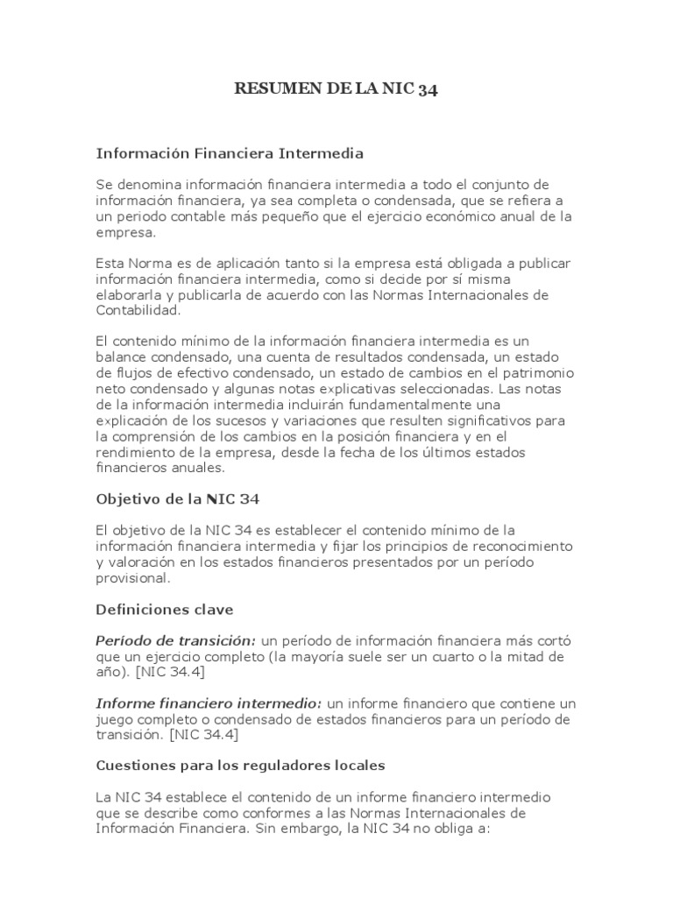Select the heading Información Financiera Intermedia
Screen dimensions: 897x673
coord(229,153)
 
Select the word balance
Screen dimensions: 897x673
coord(121,357)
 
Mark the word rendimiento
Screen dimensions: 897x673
coord(136,451)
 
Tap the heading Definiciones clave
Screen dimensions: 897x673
coord(165,609)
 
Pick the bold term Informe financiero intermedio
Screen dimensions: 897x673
coord(209,703)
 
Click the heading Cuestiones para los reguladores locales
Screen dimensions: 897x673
coord(240,765)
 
